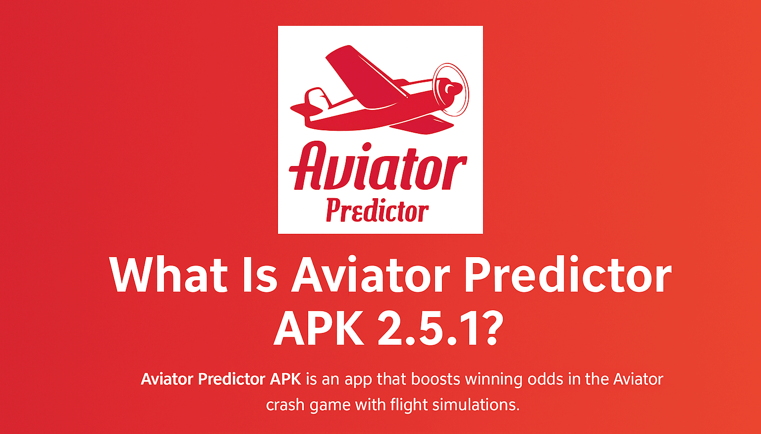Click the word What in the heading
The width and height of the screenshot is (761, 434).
pyautogui.click(x=168, y=274)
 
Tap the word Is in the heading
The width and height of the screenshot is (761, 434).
pyautogui.click(x=260, y=274)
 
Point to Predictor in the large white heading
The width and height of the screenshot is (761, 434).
pyautogui.click(x=568, y=274)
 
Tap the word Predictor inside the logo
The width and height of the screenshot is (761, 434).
pyautogui.click(x=377, y=211)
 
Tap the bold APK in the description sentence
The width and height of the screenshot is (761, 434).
pyautogui.click(x=285, y=380)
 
